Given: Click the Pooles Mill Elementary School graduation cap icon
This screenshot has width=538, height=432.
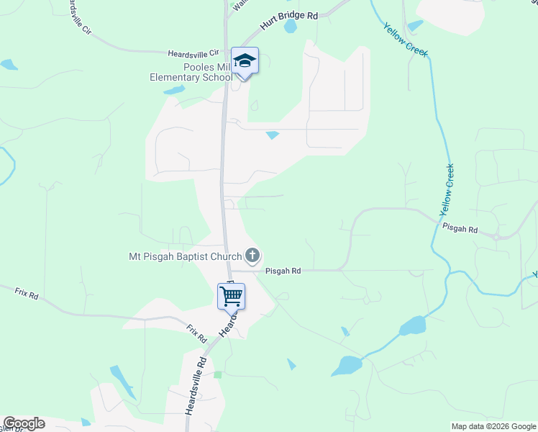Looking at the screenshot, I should click(x=245, y=60).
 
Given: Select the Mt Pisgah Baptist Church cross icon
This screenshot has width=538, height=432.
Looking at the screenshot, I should click(x=252, y=255).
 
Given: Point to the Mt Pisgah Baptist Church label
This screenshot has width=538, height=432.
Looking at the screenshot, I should click(x=186, y=256).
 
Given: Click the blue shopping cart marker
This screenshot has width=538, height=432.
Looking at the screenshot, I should click(x=231, y=295).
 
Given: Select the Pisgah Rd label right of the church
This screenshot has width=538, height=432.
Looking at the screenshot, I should click(x=282, y=271).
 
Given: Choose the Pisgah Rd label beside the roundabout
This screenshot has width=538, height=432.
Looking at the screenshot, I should click(x=460, y=229).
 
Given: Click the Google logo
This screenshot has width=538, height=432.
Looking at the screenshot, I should click(x=24, y=423).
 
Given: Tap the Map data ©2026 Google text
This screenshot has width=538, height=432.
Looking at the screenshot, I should click(x=493, y=426).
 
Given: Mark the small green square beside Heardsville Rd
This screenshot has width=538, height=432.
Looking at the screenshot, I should click(x=218, y=375).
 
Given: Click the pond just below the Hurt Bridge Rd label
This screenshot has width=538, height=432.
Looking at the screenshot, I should click(x=291, y=27).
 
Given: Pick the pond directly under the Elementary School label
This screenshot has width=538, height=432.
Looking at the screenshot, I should click(x=174, y=91).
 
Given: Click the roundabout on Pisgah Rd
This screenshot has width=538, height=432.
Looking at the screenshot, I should click(x=497, y=235).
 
